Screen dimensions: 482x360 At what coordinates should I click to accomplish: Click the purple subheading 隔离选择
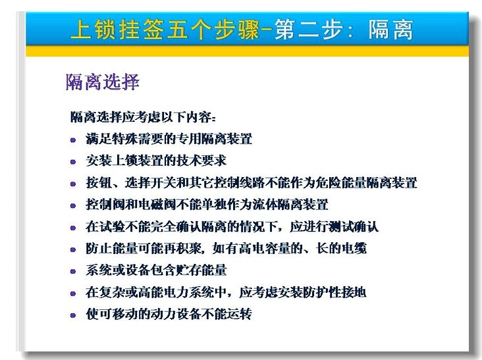point(103,82)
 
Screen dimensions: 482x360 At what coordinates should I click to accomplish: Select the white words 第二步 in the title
point(308,30)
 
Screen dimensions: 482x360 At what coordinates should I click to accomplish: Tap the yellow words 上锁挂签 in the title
point(117,30)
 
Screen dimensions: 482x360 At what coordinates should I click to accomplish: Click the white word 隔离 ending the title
point(390,30)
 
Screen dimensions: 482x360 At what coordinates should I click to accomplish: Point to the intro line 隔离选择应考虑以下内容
point(142,117)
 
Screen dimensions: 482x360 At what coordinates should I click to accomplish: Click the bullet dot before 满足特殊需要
point(73,140)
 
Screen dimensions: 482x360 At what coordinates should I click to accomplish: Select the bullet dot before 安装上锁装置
point(73,162)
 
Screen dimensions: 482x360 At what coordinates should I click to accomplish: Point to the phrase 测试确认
point(354,226)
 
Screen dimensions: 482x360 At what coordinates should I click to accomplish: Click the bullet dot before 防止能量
point(73,249)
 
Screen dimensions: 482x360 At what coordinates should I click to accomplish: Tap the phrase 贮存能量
point(201,270)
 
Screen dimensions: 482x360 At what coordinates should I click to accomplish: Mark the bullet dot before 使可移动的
point(73,315)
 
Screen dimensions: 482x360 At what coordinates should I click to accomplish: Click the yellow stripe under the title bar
point(247,51)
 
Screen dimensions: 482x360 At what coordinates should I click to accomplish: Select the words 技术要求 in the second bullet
point(201,161)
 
